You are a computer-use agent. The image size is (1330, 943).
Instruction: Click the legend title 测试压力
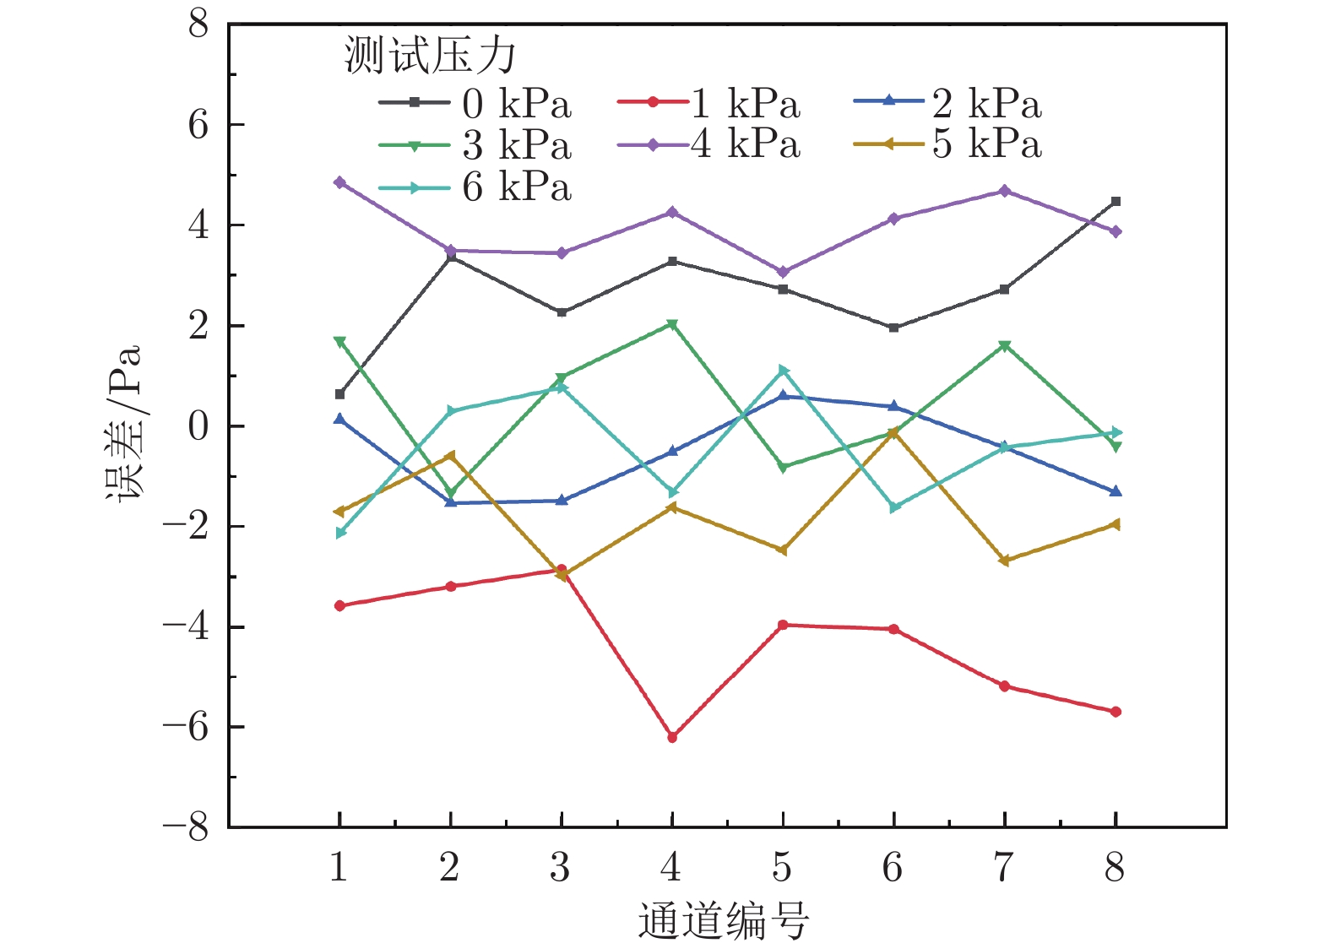(430, 57)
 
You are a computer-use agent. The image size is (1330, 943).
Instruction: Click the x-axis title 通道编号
(723, 919)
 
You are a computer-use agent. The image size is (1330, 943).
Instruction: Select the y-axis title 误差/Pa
(124, 424)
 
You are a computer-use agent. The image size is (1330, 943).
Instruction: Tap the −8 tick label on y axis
(186, 827)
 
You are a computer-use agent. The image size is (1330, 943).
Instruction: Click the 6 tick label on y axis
(198, 125)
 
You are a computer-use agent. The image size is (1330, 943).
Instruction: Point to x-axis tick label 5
(782, 867)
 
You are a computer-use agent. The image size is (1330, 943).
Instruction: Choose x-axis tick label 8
(1115, 867)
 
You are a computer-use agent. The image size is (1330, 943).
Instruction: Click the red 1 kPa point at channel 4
(672, 737)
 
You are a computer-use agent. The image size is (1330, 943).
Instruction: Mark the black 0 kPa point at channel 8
(1116, 202)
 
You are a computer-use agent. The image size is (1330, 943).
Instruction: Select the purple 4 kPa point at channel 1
(339, 182)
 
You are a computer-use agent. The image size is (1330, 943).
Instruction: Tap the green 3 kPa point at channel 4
(672, 324)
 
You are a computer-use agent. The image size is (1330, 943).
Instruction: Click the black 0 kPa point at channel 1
(339, 394)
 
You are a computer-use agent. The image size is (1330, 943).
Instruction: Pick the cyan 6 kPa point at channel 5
(783, 371)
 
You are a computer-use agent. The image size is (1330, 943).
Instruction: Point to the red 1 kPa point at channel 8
(1116, 712)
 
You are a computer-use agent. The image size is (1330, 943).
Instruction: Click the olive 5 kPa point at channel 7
(1004, 561)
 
